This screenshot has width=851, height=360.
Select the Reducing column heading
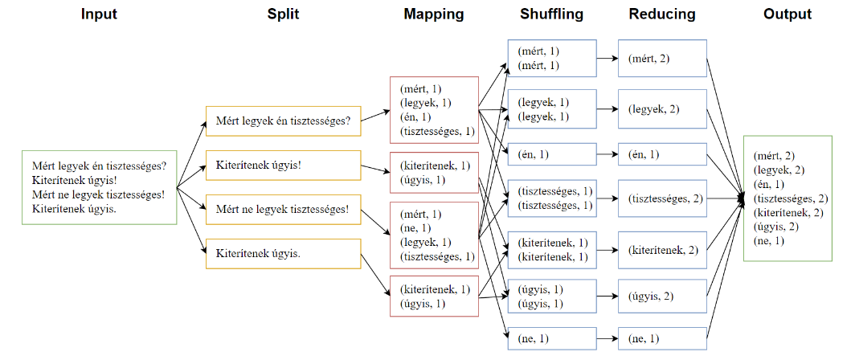click(x=661, y=14)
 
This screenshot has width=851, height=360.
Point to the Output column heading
click(x=788, y=14)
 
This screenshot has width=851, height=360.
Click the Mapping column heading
click(x=434, y=14)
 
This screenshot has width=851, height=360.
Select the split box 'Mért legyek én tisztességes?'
click(x=284, y=121)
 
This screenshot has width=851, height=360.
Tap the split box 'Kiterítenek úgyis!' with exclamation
click(x=284, y=165)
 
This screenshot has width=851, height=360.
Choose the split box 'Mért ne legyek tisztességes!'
click(x=284, y=209)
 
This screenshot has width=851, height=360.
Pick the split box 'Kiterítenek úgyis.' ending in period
click(x=284, y=253)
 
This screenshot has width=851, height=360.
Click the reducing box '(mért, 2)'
click(x=661, y=59)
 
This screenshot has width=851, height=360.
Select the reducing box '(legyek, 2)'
click(x=661, y=108)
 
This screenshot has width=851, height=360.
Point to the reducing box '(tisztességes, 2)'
click(x=661, y=198)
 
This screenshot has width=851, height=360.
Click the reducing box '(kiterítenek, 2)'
click(x=661, y=249)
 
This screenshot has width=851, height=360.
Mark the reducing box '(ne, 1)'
click(x=661, y=339)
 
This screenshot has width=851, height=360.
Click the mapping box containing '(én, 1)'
click(x=434, y=109)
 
